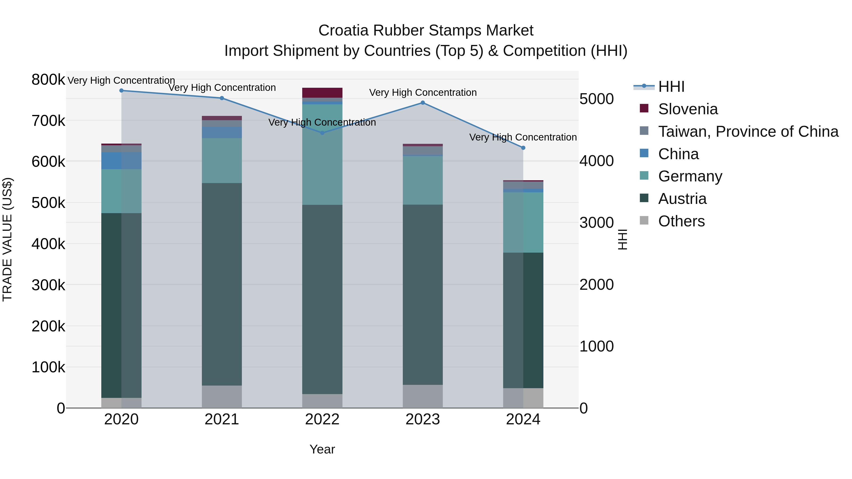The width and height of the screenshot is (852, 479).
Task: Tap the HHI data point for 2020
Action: pyautogui.click(x=121, y=91)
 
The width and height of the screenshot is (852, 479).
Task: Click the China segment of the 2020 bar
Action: pyautogui.click(x=121, y=161)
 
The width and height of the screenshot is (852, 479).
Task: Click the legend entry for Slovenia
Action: pyautogui.click(x=688, y=109)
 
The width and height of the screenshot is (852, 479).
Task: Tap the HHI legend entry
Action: pyautogui.click(x=671, y=87)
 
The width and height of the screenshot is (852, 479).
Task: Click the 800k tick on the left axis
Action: pyautogui.click(x=48, y=80)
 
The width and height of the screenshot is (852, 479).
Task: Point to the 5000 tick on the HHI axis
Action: pyautogui.click(x=596, y=99)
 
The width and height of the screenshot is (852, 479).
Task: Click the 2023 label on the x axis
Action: pyautogui.click(x=422, y=419)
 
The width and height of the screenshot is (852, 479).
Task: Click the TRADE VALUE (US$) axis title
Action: pyautogui.click(x=7, y=239)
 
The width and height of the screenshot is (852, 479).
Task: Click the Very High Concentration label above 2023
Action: pyautogui.click(x=422, y=92)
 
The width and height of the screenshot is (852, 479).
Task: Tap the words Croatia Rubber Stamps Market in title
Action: pyautogui.click(x=426, y=31)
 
